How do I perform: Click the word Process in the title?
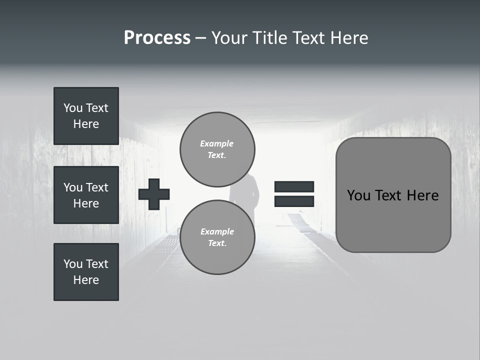[157, 38]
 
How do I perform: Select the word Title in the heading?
[270, 38]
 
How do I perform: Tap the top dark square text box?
[86, 116]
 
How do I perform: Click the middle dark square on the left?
[86, 195]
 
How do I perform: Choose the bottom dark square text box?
[86, 272]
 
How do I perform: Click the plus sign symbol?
[154, 194]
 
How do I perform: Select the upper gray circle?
[217, 149]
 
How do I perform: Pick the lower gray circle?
[217, 237]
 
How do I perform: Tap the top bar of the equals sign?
[294, 187]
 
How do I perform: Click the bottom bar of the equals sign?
[294, 201]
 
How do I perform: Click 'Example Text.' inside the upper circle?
[217, 149]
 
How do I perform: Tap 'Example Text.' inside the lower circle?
[217, 237]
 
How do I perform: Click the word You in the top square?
[73, 108]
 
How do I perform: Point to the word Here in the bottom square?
[86, 280]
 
